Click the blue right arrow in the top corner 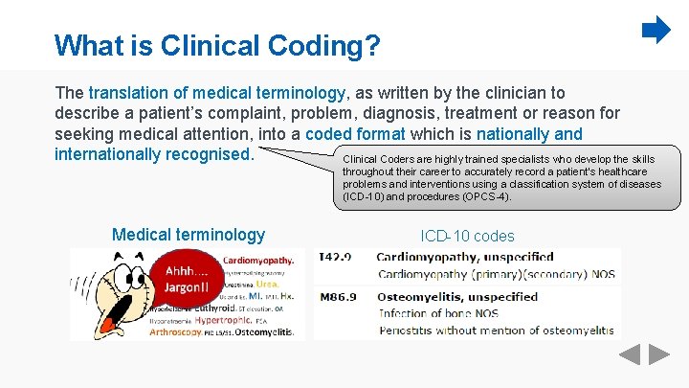click(656, 31)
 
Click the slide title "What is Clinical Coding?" click(216, 44)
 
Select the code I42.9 click(335, 257)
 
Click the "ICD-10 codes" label click(467, 236)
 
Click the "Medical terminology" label click(189, 235)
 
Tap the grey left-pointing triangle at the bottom click(629, 354)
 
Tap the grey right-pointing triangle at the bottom click(659, 354)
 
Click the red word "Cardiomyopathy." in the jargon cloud click(258, 260)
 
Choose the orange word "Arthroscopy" click(174, 332)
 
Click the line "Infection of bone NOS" click(438, 313)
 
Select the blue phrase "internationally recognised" click(153, 154)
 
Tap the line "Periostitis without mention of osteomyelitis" click(496, 330)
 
